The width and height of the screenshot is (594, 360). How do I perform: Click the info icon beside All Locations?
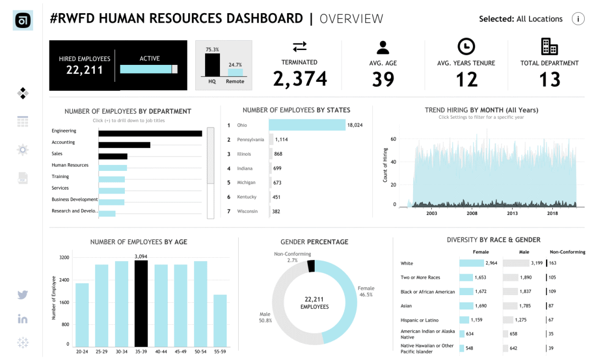(578, 19)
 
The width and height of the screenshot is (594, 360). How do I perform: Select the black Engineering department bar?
(150, 133)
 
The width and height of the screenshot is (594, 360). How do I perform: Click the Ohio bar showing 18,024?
(307, 125)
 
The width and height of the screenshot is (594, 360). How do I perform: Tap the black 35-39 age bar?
(141, 303)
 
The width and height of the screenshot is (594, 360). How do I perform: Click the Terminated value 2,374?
(300, 79)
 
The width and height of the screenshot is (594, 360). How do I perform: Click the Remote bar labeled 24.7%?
(235, 73)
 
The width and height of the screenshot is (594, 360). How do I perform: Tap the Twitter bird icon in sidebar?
(23, 295)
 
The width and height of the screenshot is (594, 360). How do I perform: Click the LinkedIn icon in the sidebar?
(23, 319)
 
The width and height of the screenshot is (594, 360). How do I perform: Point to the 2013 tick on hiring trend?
(512, 213)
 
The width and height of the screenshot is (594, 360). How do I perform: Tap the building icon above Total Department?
(549, 47)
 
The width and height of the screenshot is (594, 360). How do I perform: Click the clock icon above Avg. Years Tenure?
(466, 47)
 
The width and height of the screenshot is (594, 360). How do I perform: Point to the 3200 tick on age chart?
(64, 257)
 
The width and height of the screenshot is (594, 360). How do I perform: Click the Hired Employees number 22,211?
(84, 70)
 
